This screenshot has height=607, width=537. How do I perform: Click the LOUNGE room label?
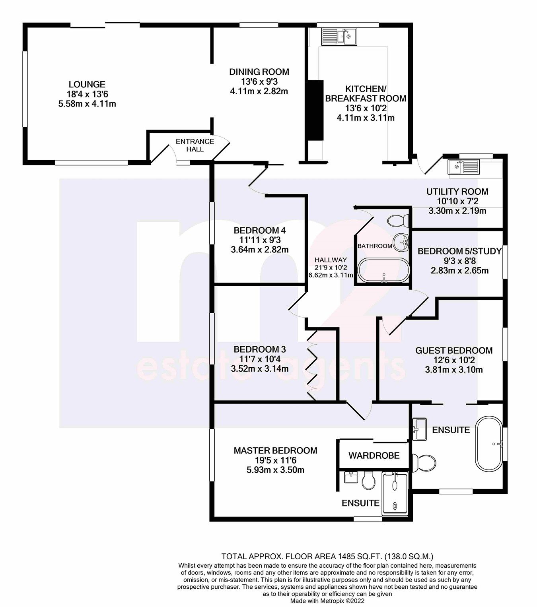pos(87,84)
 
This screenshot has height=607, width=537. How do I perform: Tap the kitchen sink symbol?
pos(339,37)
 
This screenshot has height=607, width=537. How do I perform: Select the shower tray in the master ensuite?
pos(395,494)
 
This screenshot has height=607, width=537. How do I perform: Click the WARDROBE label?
pos(374,456)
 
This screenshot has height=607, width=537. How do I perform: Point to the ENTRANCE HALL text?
pos(195,145)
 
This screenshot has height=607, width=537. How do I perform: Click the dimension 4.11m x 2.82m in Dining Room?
pos(259,91)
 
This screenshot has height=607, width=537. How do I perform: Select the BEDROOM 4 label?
pos(259,230)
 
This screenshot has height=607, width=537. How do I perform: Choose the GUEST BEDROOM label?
pos(454,350)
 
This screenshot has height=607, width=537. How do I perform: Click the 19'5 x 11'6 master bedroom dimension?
pos(275,460)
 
